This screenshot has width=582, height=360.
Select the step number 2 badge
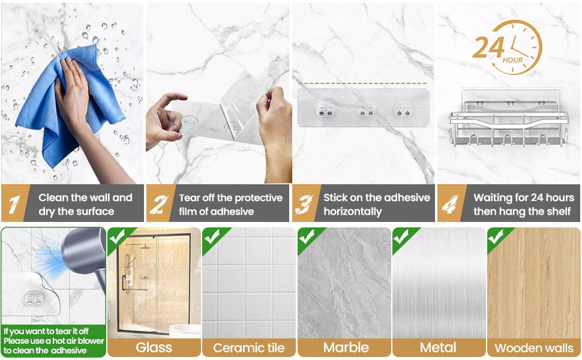tap(160, 204)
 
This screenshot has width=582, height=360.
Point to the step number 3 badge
tap(305, 204)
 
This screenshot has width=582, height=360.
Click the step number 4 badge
tap(450, 204)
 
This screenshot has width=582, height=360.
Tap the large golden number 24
tap(488, 47)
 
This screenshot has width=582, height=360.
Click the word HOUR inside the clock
tap(512, 60)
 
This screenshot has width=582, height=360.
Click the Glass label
tap(154, 348)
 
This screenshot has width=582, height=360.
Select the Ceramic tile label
tap(248, 348)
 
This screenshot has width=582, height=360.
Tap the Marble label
tap(346, 348)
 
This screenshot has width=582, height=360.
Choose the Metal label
tap(438, 348)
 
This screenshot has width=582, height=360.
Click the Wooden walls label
tap(534, 348)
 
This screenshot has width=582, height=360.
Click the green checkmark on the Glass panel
tap(117, 237)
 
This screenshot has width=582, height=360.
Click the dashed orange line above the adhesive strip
tap(362, 83)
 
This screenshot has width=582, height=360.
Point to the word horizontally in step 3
tap(353, 212)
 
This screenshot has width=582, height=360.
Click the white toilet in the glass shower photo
tap(185, 331)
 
